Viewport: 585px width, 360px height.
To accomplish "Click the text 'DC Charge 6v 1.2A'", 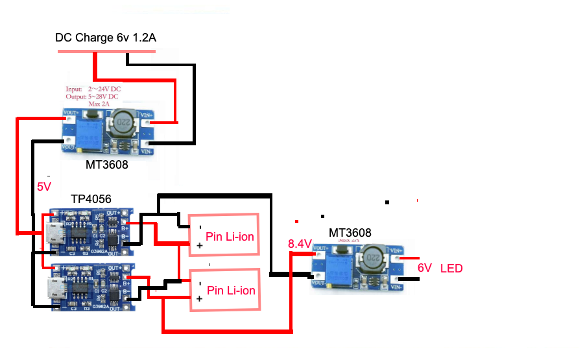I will pyautogui.click(x=105, y=38).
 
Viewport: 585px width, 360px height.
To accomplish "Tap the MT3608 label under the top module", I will pyautogui.click(x=107, y=165).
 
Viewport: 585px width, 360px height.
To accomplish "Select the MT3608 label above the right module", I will pyautogui.click(x=351, y=232).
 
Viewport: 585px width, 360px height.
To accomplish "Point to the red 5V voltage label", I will pyautogui.click(x=43, y=187).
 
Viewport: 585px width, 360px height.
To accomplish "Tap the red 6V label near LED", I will pyautogui.click(x=424, y=268).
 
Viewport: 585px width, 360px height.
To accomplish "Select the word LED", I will pyautogui.click(x=452, y=268).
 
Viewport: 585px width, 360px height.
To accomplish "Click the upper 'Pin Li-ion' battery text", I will pyautogui.click(x=230, y=235).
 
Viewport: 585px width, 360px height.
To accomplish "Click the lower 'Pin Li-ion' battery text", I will pyautogui.click(x=231, y=291).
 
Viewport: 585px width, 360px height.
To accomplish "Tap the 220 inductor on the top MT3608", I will pyautogui.click(x=121, y=122).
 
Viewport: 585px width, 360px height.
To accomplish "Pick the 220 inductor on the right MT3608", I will pyautogui.click(x=370, y=259).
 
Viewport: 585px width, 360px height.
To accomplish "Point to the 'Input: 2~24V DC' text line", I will pyautogui.click(x=93, y=89).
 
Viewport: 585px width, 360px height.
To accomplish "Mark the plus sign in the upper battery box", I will pyautogui.click(x=200, y=246).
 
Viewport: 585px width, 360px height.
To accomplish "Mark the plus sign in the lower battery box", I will pyautogui.click(x=200, y=298).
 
